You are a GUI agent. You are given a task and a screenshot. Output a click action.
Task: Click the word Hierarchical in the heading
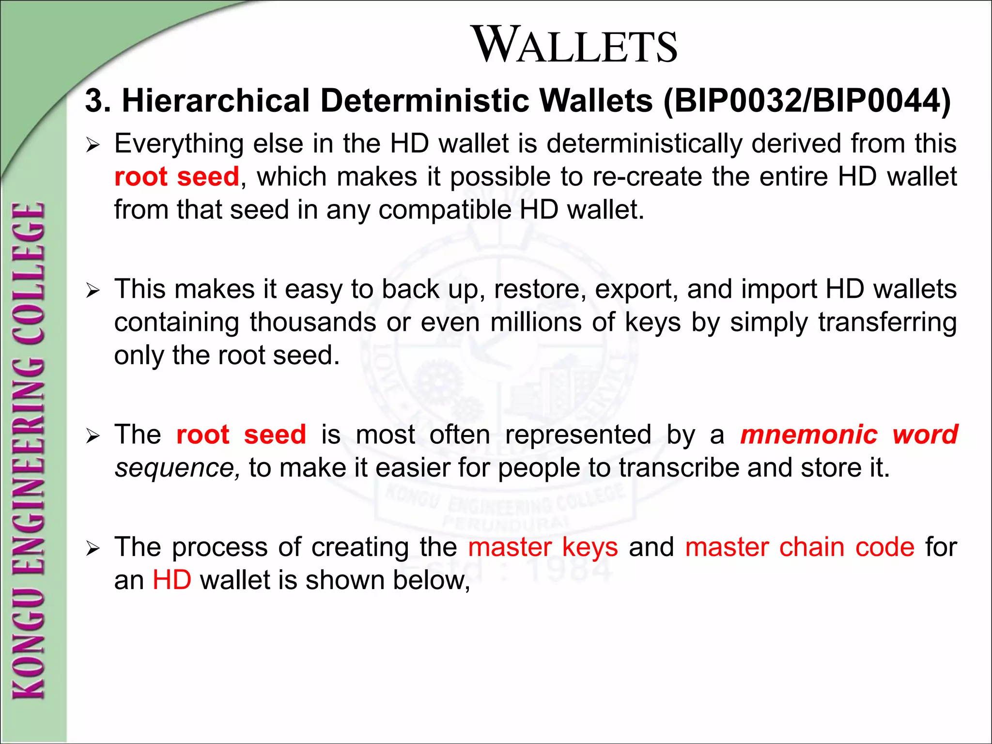pyautogui.click(x=216, y=101)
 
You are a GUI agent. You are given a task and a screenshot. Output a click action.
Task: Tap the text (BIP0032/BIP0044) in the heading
pyautogui.click(x=807, y=101)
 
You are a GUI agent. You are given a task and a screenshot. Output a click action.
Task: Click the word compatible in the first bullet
pyautogui.click(x=444, y=210)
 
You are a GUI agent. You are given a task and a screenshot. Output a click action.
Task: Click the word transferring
pyautogui.click(x=887, y=322)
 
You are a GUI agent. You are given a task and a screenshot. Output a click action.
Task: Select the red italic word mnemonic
pyautogui.click(x=808, y=434)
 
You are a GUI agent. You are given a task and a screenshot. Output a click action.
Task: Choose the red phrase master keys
pyautogui.click(x=543, y=547)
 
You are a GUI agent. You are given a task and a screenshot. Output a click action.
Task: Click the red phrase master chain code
pyautogui.click(x=800, y=547)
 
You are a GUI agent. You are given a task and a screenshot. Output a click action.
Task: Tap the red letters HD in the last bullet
pyautogui.click(x=172, y=580)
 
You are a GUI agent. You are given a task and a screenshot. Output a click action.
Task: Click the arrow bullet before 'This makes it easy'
pyautogui.click(x=92, y=291)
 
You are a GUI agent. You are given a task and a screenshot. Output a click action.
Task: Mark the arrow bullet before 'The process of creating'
pyautogui.click(x=92, y=549)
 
